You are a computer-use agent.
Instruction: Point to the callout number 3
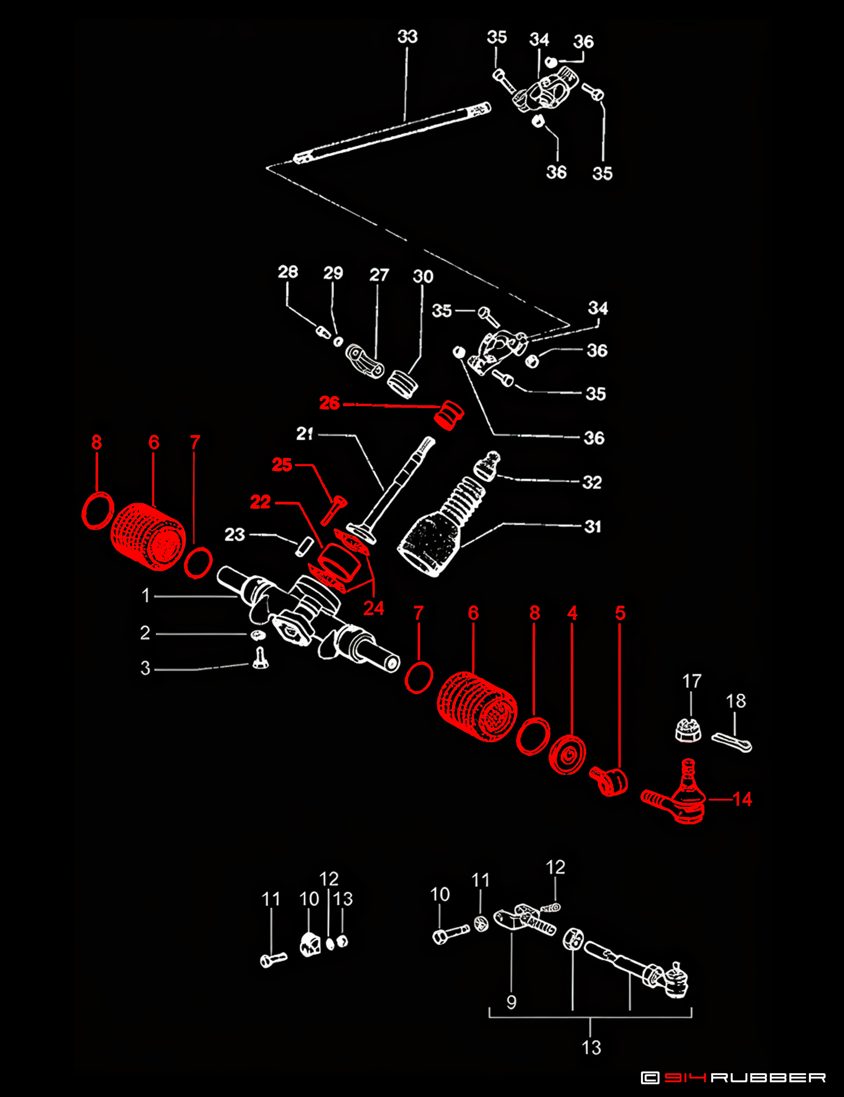[145, 668]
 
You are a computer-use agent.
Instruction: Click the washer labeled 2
[258, 635]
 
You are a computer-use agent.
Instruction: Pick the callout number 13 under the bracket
[591, 1048]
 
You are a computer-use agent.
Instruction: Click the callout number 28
[288, 272]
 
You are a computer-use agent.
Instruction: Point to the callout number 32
[592, 482]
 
